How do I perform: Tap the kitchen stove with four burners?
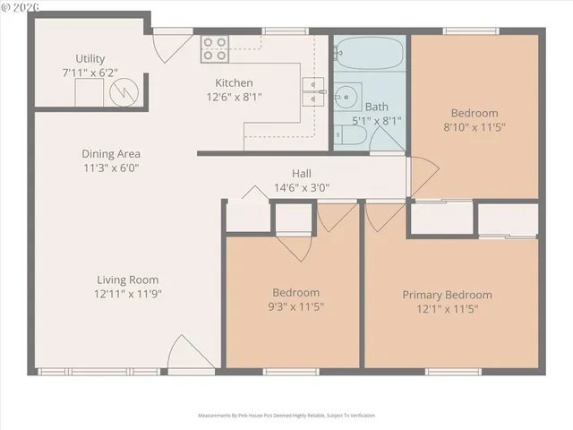coord(214,48)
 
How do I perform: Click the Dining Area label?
coord(111,154)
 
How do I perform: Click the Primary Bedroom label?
coord(447,295)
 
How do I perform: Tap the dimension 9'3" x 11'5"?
coord(295,307)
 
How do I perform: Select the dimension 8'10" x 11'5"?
coord(474,127)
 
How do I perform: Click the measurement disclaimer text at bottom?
coord(286,416)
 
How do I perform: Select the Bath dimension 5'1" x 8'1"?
coord(376,120)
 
